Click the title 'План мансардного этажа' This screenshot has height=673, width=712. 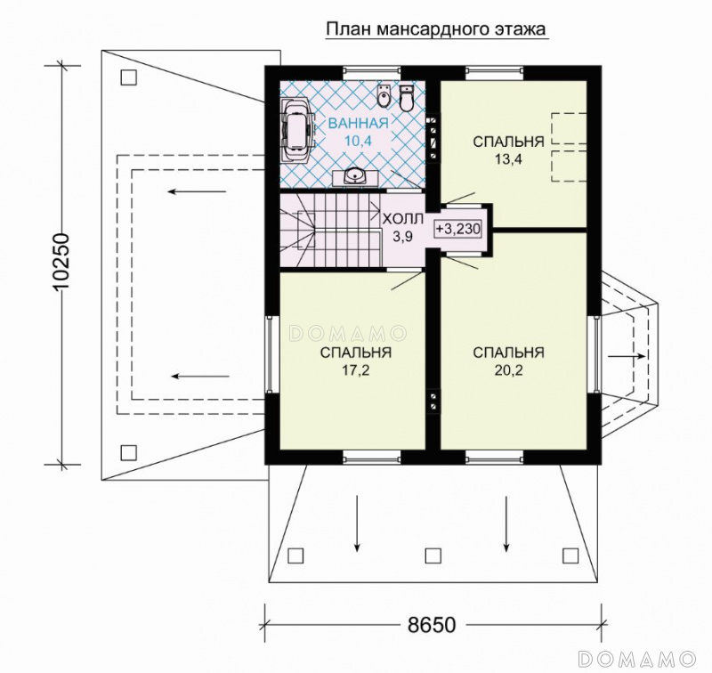(x=436, y=29)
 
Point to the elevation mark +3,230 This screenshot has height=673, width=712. (x=457, y=230)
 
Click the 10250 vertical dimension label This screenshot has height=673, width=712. (x=60, y=262)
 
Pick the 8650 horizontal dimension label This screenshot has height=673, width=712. (x=431, y=625)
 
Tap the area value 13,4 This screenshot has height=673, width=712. (x=508, y=159)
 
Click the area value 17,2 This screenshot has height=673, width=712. (x=356, y=370)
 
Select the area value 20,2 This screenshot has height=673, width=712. (x=508, y=370)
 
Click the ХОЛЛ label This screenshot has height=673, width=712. (x=403, y=219)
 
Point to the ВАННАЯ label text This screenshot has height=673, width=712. (x=359, y=123)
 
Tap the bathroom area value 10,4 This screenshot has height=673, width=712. (x=359, y=142)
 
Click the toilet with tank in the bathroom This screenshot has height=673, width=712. (x=407, y=98)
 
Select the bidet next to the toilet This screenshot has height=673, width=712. (x=384, y=95)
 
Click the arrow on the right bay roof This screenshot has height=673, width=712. (x=627, y=356)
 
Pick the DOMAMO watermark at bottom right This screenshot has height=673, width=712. (x=637, y=658)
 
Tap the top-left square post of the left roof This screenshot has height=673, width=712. (x=129, y=77)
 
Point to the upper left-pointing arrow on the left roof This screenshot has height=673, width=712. (x=197, y=191)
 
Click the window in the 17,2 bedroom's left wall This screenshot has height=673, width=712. (x=270, y=354)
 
